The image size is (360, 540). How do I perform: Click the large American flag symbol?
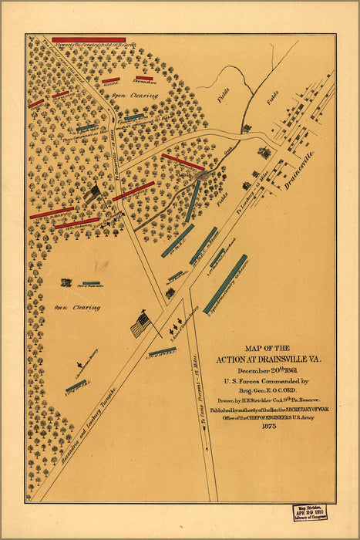140,325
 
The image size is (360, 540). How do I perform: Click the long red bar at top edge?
89,39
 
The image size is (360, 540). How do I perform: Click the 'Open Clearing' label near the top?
134,96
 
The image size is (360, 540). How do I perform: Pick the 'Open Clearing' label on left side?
77,307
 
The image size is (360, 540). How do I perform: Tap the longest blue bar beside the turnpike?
227,284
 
